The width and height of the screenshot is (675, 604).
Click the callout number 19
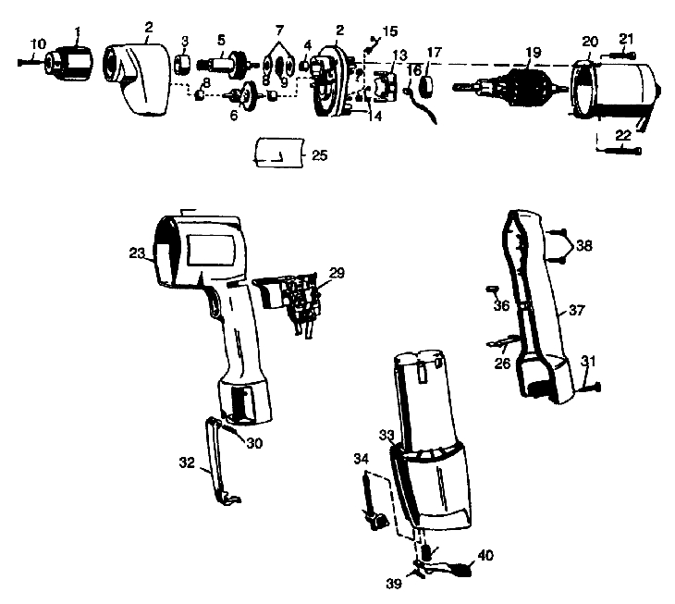(x=531, y=52)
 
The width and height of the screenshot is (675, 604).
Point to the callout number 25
(x=319, y=155)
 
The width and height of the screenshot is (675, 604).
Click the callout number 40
(x=485, y=557)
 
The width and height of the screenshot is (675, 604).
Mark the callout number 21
(x=626, y=38)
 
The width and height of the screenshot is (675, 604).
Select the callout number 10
(x=37, y=43)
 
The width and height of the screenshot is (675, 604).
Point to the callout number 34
(x=362, y=457)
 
